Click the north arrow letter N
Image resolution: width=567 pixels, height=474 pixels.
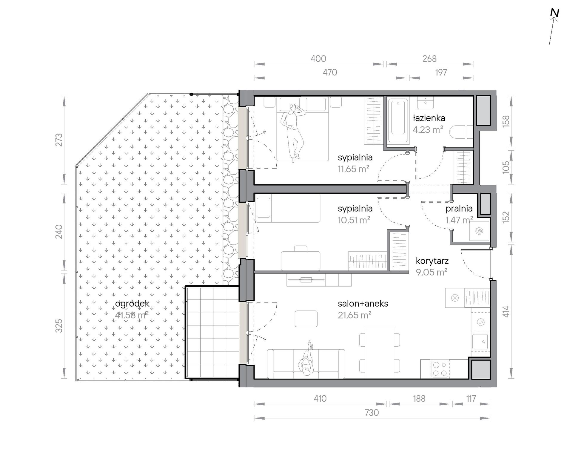[554, 21]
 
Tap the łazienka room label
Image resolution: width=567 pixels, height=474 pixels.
[429, 118]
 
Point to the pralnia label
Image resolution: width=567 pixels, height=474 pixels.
[459, 209]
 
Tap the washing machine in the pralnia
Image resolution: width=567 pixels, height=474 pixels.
[480, 231]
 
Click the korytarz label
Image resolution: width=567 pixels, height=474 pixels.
[432, 261]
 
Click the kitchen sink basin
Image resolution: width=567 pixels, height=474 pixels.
[480, 341]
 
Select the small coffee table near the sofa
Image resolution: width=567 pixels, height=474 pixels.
[306, 319]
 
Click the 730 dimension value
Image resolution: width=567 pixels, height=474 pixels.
[372, 413]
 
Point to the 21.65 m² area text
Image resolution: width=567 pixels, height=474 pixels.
[355, 315]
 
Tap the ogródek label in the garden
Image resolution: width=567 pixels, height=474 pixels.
[132, 304]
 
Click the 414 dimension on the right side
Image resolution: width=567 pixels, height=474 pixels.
[506, 311]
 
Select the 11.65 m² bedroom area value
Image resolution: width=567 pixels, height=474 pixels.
[354, 169]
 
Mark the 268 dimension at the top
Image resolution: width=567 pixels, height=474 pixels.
[429, 59]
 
